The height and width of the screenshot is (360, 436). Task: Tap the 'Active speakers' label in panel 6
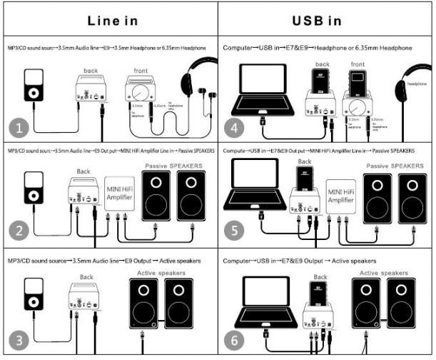387,272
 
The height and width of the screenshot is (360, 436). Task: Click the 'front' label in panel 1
142,70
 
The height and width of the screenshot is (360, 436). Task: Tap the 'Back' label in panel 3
86,276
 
